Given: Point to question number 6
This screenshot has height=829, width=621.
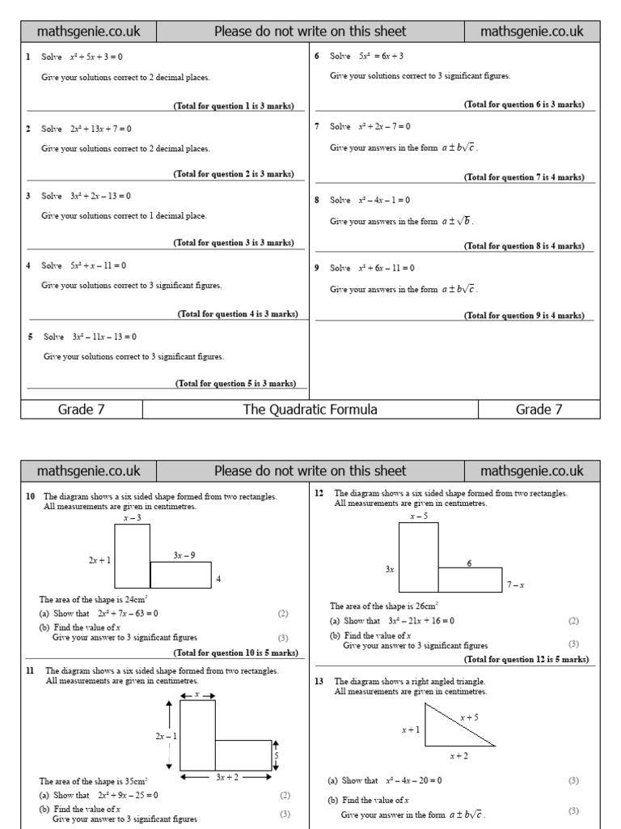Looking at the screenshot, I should [317, 56].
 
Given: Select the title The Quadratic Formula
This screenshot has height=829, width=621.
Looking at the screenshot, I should [310, 410].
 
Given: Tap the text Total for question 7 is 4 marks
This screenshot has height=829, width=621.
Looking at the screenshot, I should [524, 177].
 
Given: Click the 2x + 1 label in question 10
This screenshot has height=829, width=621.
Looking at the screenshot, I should [99, 559].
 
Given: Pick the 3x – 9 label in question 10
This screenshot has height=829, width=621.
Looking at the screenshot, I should [184, 555].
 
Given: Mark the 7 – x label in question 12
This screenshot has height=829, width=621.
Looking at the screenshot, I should [515, 585].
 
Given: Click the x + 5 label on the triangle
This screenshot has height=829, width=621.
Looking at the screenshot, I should [470, 717].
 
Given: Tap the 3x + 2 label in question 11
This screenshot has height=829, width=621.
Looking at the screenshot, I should [226, 777].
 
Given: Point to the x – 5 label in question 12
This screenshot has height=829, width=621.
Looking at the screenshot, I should [419, 516].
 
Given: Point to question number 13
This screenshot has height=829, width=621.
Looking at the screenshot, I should [319, 681].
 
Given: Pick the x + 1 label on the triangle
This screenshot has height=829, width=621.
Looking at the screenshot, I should [411, 729].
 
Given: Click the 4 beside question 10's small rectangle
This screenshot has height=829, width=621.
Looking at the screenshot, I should [218, 579].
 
